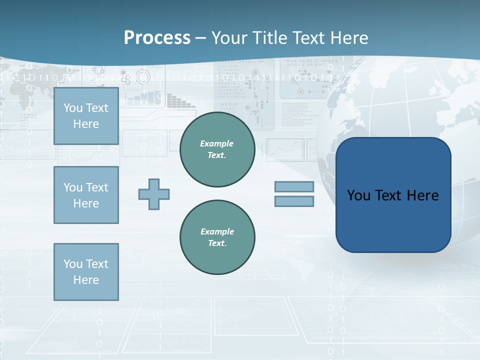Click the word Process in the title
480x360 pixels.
(x=157, y=38)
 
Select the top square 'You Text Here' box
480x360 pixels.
(x=86, y=116)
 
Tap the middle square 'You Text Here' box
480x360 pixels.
(x=86, y=195)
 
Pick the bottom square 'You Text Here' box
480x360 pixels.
(x=86, y=272)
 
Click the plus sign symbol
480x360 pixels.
(x=154, y=194)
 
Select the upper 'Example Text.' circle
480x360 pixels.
(x=217, y=149)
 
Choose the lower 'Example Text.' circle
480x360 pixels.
(x=217, y=237)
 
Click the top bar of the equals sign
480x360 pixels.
(x=294, y=186)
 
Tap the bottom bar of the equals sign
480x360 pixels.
(x=294, y=201)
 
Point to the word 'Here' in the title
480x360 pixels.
(x=348, y=38)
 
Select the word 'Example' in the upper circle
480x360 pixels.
(x=217, y=143)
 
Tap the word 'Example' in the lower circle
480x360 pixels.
(x=217, y=231)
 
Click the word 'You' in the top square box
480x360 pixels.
(x=73, y=108)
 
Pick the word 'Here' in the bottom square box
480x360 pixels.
(x=86, y=280)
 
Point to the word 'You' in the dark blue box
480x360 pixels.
(x=358, y=195)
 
